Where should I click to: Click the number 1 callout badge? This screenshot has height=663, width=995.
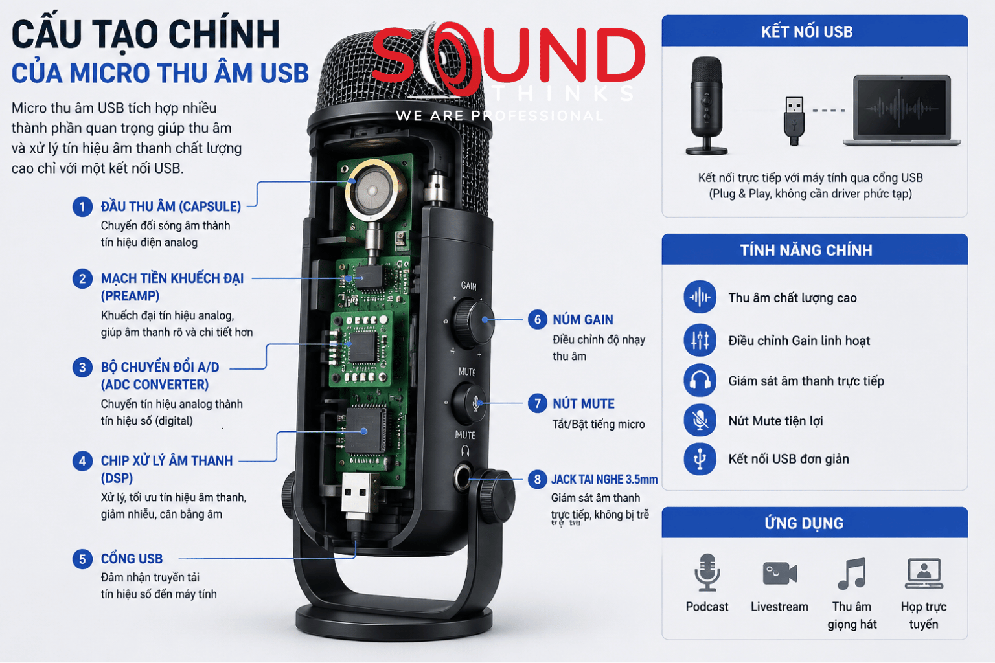[x=82, y=207]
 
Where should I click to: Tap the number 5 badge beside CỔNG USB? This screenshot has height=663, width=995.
[x=82, y=559]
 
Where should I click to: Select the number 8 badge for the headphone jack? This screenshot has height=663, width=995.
[x=537, y=480]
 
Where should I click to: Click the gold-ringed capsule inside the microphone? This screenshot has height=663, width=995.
[x=372, y=190]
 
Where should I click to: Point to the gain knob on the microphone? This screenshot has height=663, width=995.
[x=472, y=320]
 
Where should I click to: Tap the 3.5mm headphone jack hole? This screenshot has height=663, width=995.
[x=463, y=478]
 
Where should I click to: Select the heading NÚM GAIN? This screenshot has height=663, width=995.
[x=583, y=320]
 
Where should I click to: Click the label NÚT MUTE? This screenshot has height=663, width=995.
[x=583, y=403]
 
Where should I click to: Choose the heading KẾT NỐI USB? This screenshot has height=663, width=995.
[x=806, y=32]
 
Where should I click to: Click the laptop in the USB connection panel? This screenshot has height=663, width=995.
[x=902, y=111]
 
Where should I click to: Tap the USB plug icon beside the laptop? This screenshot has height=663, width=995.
[x=794, y=121]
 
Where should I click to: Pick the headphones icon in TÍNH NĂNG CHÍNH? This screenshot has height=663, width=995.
[x=700, y=381]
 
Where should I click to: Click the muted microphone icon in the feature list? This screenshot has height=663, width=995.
[x=700, y=420]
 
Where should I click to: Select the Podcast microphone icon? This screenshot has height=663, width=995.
[x=707, y=573]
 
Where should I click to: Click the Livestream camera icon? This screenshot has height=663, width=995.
[x=779, y=573]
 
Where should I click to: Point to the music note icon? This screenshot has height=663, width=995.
[x=852, y=573]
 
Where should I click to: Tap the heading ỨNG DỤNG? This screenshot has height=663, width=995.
[x=804, y=523]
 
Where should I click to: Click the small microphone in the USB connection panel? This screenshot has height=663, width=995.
[x=706, y=106]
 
